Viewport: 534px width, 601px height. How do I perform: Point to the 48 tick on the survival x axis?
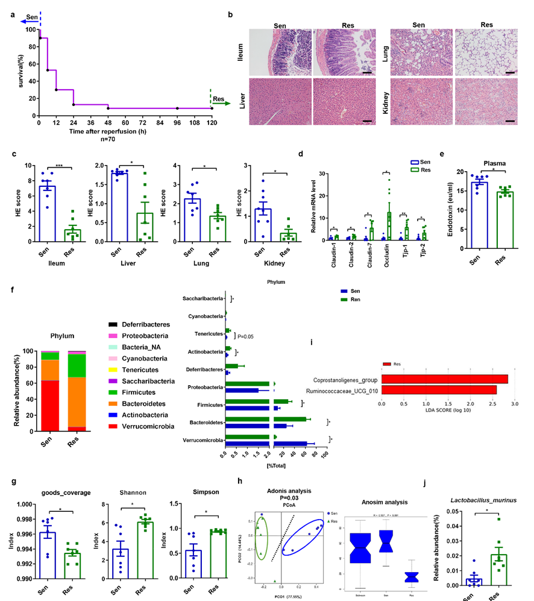point(108,121)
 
